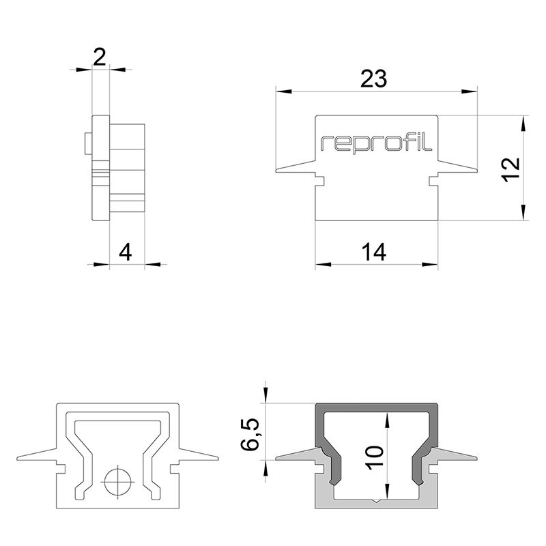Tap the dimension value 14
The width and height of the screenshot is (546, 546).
click(x=375, y=253)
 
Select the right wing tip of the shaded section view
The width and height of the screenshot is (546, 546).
click(x=476, y=457)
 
